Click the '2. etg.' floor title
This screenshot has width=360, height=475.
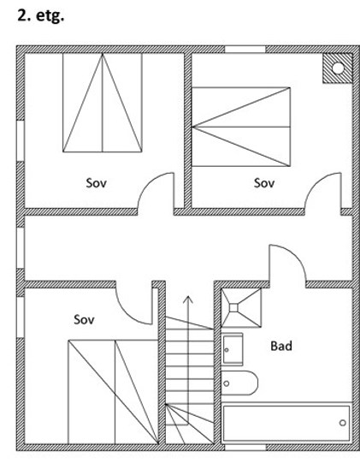click(x=40, y=16)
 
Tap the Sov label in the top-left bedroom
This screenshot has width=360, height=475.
click(x=97, y=183)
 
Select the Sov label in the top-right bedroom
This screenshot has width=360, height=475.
click(x=264, y=183)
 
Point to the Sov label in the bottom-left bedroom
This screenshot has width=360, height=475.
click(x=84, y=319)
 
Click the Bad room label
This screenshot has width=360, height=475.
click(x=281, y=346)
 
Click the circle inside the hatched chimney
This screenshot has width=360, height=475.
click(x=338, y=68)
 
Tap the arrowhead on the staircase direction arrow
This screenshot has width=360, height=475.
click(x=188, y=300)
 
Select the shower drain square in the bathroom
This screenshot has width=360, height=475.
click(x=233, y=308)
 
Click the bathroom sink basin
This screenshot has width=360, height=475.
click(x=233, y=349)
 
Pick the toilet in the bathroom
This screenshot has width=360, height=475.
click(x=239, y=383)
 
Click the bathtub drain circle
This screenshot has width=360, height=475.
click(x=342, y=423)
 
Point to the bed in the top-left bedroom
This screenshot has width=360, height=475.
click(x=103, y=103)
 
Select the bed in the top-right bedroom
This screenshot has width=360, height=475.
click(x=241, y=127)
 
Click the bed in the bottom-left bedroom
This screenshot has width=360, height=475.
click(x=113, y=392)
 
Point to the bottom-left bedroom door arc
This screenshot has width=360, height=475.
click(x=127, y=314)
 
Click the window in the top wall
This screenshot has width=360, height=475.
click(x=245, y=50)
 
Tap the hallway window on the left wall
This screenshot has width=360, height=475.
click(x=21, y=248)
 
